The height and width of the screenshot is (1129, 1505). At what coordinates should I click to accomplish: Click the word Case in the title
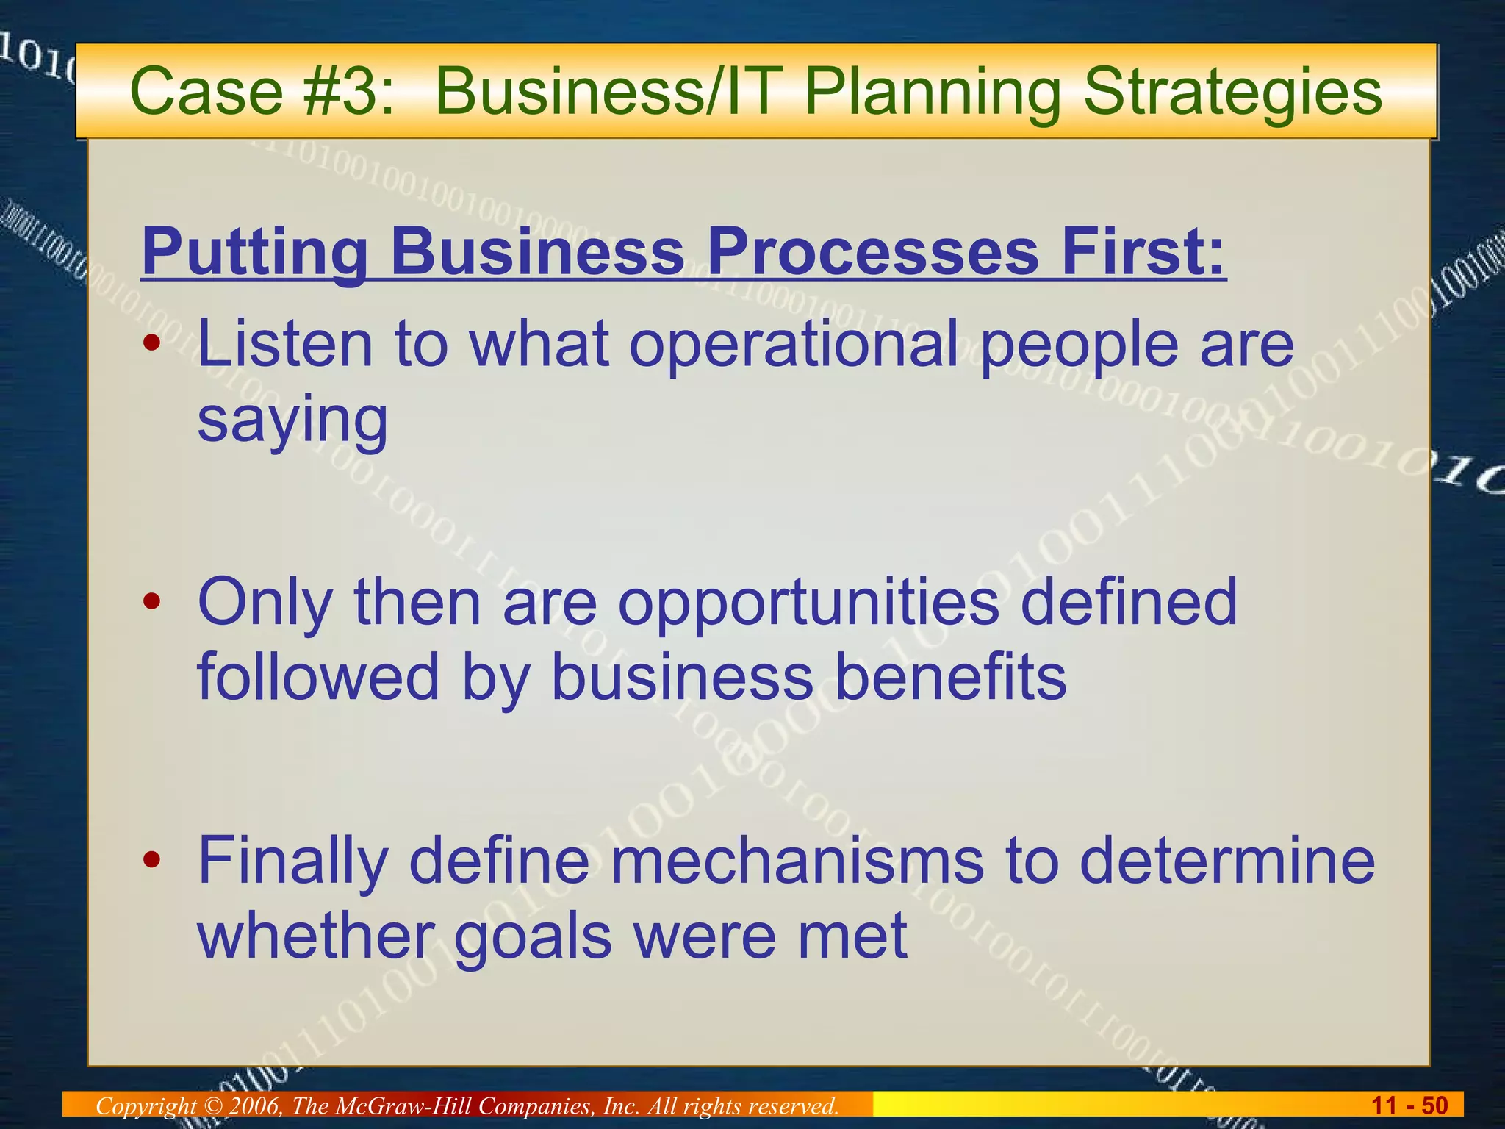coord(206,92)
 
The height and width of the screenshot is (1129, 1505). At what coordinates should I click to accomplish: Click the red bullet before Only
coord(152,602)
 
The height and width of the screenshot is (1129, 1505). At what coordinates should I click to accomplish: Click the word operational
coord(793,345)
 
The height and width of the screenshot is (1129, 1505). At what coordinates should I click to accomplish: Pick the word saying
coord(292,421)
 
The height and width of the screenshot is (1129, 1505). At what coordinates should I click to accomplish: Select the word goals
coord(533,938)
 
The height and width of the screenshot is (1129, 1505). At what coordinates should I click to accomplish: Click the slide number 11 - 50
coord(1409,1105)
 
